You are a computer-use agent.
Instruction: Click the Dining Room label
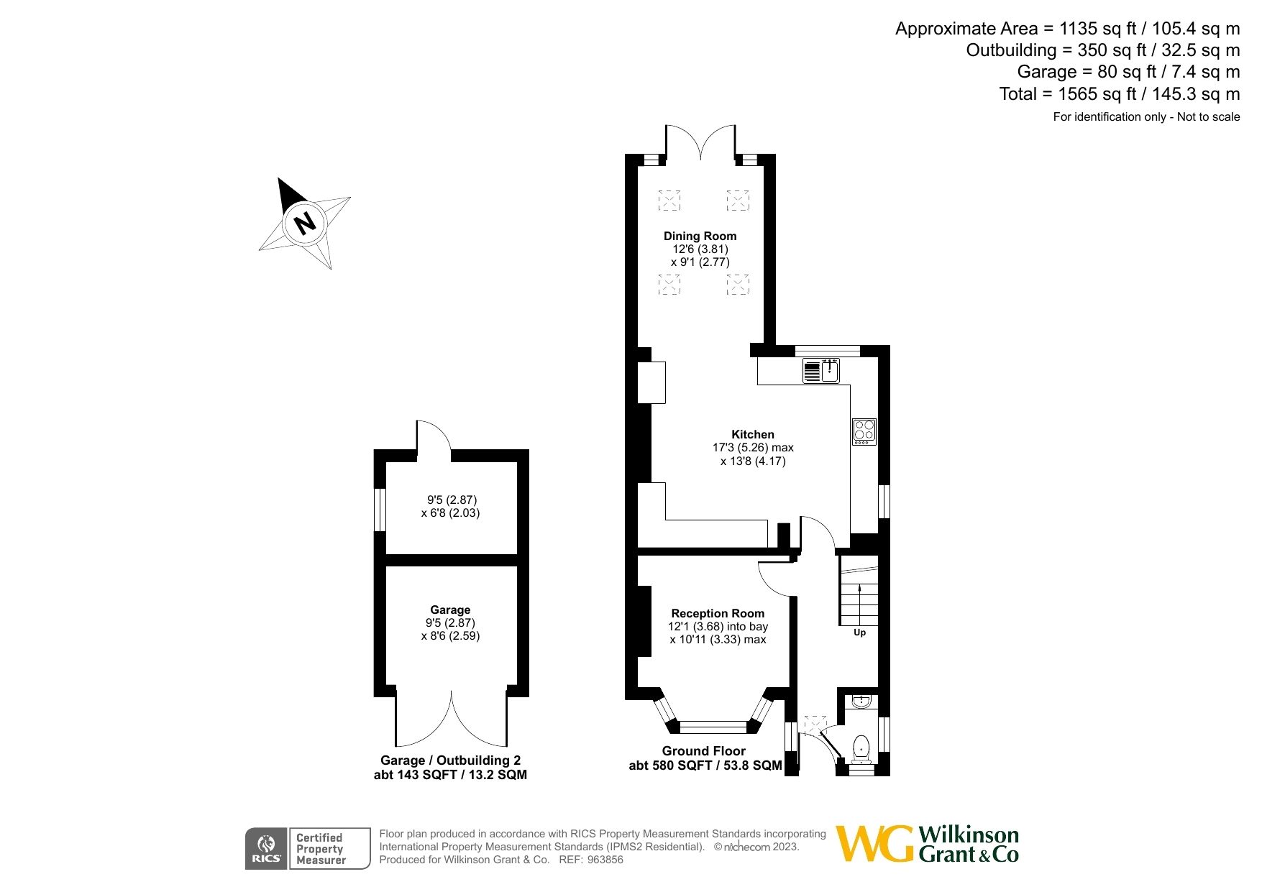(700, 236)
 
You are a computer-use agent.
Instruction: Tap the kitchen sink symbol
(830, 371)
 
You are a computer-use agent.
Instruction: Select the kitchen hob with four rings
(864, 431)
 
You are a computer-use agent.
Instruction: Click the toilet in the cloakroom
(861, 749)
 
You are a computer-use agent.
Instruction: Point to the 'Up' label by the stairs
(859, 633)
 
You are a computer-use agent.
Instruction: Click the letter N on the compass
(306, 223)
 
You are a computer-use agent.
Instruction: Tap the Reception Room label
(717, 613)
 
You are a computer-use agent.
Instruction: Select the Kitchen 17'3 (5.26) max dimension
(752, 447)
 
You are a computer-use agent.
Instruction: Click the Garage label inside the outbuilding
(450, 610)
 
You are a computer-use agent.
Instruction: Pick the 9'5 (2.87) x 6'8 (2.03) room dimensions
(450, 506)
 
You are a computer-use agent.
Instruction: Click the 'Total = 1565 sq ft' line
(1119, 93)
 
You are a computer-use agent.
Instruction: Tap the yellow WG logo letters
(874, 844)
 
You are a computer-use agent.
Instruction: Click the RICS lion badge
(266, 848)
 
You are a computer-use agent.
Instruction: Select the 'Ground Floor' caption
(703, 750)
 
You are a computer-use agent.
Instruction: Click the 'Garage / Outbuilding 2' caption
(450, 760)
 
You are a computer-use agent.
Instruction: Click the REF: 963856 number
(605, 860)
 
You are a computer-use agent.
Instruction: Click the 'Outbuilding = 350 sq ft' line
(1102, 50)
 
